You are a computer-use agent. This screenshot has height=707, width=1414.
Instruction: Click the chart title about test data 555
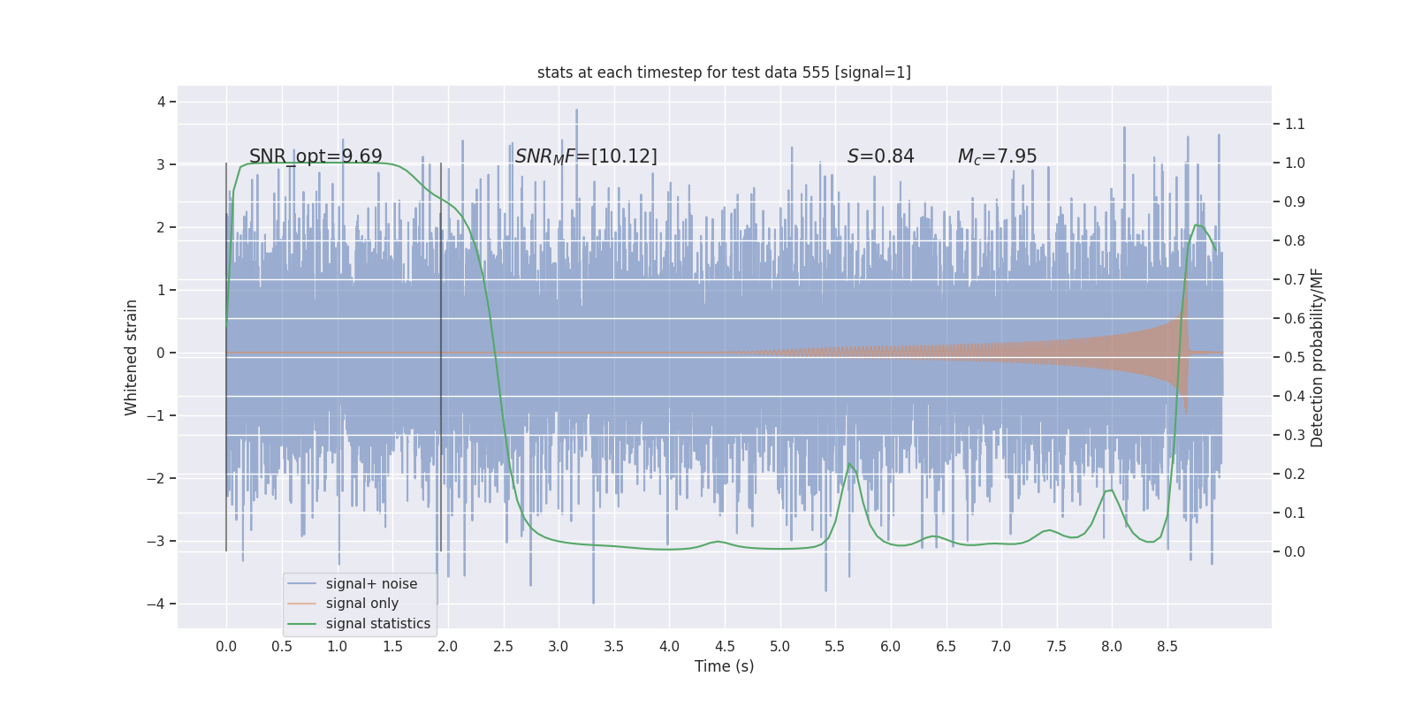(x=724, y=72)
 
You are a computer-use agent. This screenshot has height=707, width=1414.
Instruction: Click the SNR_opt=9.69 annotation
(x=315, y=156)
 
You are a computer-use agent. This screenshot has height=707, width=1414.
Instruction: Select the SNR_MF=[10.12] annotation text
(x=586, y=156)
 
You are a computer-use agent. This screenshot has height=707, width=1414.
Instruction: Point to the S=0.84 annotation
(x=880, y=156)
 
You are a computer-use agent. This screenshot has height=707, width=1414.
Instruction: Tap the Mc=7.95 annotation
(x=997, y=156)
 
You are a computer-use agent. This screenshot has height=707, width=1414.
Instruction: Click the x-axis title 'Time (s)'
(x=724, y=666)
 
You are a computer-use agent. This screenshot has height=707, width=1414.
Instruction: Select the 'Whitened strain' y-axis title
(x=132, y=357)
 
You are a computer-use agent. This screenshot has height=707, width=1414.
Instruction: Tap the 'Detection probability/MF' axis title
(x=1317, y=357)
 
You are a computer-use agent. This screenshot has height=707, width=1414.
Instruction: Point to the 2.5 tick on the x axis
(x=503, y=646)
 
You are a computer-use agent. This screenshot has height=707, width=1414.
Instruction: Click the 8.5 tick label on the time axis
(x=1167, y=646)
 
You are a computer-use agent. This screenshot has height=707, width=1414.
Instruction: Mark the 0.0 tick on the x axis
(x=226, y=646)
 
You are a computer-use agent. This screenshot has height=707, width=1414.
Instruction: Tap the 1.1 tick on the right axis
(x=1294, y=124)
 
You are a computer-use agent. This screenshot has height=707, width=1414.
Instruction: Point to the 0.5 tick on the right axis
(x=1294, y=357)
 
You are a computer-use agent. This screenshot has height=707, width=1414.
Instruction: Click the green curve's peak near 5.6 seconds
(x=850, y=463)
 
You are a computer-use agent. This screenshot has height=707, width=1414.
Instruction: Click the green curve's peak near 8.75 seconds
(x=1197, y=224)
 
